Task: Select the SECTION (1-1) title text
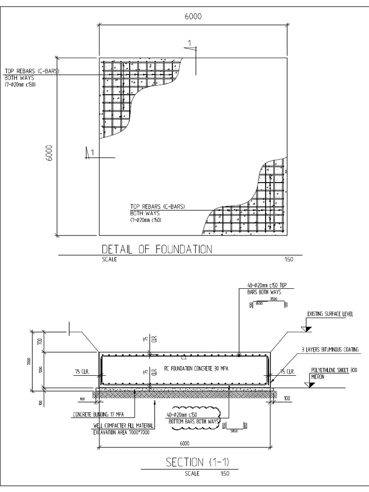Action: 197,462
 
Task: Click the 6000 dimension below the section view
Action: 185,443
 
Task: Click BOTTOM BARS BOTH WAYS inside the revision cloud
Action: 193,421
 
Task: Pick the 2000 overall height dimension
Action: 29,360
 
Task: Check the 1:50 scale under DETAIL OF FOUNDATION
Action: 288,259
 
